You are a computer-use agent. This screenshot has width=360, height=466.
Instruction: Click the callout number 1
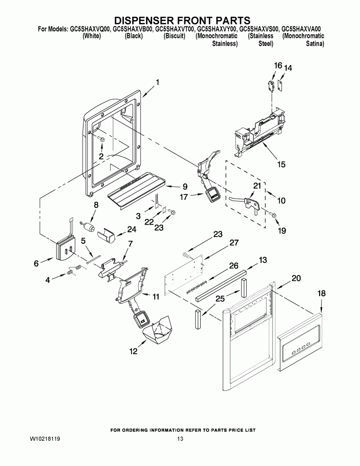(x=157, y=82)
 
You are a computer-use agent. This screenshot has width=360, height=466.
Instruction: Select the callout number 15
(x=281, y=165)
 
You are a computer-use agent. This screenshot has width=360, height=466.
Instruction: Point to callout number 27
(x=234, y=243)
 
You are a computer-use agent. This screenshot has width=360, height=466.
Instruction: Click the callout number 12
(x=133, y=351)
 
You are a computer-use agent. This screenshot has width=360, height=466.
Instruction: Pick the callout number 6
(x=36, y=263)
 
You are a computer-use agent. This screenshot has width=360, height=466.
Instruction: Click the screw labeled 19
(x=272, y=215)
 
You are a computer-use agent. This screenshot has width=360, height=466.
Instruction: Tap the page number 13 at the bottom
(x=180, y=439)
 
